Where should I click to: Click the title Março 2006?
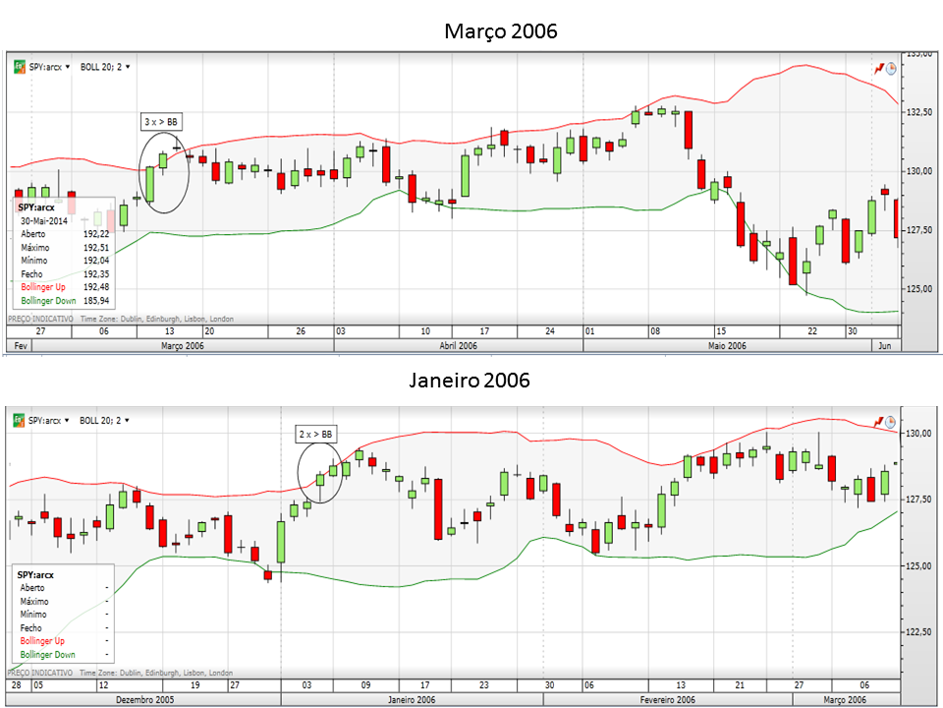coord(500,31)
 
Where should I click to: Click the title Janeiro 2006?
coord(469,380)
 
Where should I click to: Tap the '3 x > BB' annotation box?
coord(161,121)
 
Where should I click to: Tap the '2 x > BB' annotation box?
coord(316,433)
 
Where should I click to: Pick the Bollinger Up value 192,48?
coord(96,286)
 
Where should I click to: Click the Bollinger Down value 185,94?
coord(96,299)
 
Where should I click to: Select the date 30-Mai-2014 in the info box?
coord(48,221)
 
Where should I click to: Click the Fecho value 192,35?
coord(96,273)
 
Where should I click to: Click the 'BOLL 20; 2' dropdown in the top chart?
coord(105,67)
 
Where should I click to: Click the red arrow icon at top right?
coord(879,68)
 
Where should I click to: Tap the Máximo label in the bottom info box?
coord(35,601)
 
